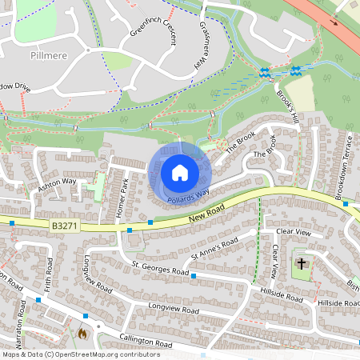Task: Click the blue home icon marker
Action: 179,173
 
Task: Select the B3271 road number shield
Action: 66,226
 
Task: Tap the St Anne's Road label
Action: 214,248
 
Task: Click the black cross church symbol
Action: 302,263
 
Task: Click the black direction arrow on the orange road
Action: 335,23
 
